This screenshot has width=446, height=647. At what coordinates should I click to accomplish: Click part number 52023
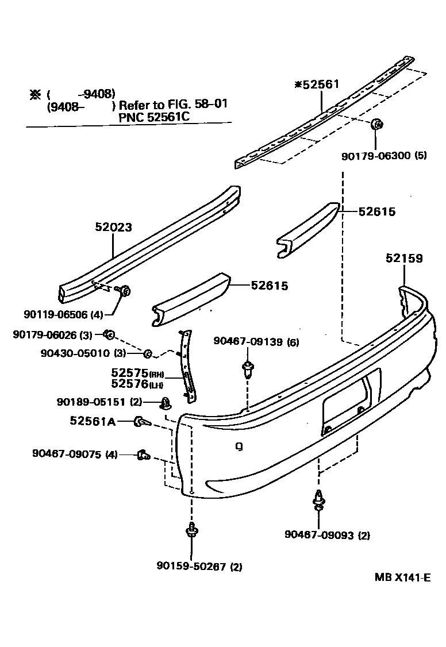pos(113,228)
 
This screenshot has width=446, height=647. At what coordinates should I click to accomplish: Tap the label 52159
pos(404,259)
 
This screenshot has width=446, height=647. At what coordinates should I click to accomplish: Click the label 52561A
pos(93,421)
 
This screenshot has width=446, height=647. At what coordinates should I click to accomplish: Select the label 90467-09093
pos(320,536)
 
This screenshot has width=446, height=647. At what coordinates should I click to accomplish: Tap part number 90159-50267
pos(192,567)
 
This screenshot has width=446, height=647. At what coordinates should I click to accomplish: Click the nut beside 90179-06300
pos(377,124)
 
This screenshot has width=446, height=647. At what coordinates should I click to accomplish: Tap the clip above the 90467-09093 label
pos(318,499)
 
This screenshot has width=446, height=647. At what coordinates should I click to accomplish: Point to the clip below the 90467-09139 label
pos(248,369)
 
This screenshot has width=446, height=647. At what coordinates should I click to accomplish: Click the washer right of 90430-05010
pos(147,353)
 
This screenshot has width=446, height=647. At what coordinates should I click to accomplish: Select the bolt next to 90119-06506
pos(124,291)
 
